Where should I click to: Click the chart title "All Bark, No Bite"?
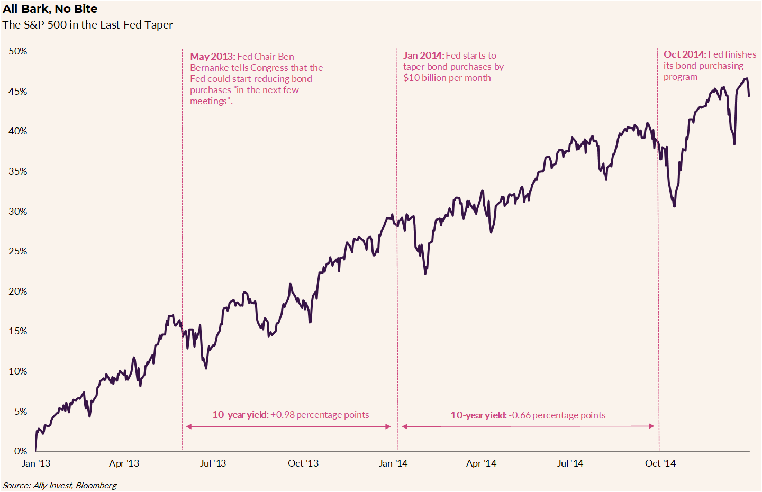(50, 9)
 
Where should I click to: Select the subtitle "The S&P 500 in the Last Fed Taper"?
(87, 25)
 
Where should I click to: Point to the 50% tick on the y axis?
(17, 51)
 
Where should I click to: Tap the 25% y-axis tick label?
(17, 251)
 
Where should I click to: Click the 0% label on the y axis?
(21, 451)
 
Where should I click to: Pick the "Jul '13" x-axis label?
(213, 463)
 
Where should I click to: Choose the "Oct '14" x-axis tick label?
(660, 463)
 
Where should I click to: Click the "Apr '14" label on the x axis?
(481, 463)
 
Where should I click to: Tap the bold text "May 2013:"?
(212, 57)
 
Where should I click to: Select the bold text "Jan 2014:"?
(423, 56)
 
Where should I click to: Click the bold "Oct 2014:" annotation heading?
(684, 54)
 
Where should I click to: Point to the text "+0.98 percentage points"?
(320, 415)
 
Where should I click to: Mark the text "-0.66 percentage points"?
(557, 415)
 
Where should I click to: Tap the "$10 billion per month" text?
(447, 78)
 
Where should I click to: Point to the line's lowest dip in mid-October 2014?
(674, 206)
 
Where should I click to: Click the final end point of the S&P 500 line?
(749, 96)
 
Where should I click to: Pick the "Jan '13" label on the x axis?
(36, 463)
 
